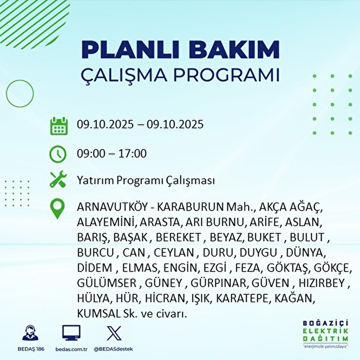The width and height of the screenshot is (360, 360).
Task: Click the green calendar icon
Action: pyautogui.click(x=59, y=126)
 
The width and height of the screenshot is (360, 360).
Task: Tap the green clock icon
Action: pyautogui.click(x=58, y=154)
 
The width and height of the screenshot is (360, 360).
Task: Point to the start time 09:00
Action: pyautogui.click(x=91, y=154)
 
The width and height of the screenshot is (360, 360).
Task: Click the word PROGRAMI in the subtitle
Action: pyautogui.click(x=226, y=75)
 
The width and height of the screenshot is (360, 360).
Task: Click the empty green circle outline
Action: pyautogui.click(x=6, y=93)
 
